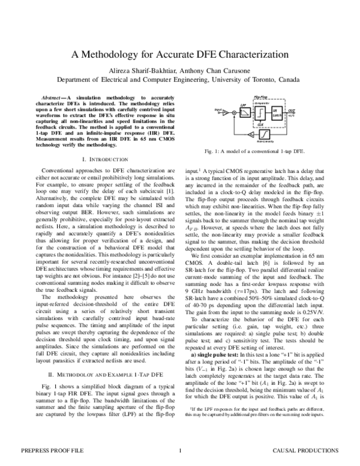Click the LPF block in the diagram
pyautogui.click(x=244, y=107)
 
